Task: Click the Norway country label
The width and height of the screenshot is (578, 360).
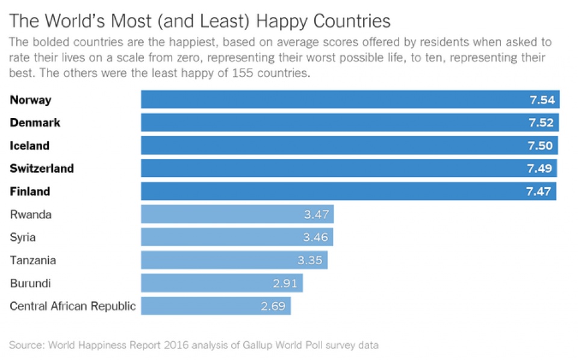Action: [x=31, y=100]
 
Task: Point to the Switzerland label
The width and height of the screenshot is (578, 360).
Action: [x=42, y=169]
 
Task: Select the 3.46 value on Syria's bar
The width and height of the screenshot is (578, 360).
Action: [x=315, y=237]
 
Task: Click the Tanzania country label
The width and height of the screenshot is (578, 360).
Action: [x=33, y=260]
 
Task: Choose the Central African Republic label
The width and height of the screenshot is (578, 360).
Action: [x=73, y=306]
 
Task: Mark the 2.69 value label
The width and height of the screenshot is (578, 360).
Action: [x=273, y=306]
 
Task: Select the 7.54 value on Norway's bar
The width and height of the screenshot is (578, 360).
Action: [x=542, y=100]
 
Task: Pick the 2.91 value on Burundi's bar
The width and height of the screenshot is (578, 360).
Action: [x=285, y=283]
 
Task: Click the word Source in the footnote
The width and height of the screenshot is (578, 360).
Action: [x=26, y=346]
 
